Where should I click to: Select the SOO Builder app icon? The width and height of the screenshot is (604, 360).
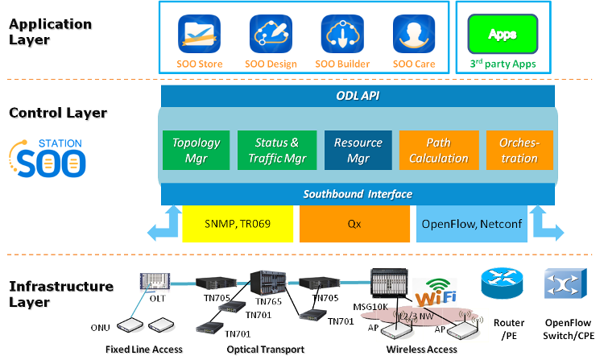pyautogui.click(x=342, y=35)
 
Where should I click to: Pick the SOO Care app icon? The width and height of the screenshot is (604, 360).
pyautogui.click(x=414, y=35)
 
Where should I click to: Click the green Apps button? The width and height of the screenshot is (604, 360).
pyautogui.click(x=503, y=35)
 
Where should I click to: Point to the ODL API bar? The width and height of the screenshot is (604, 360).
pyautogui.click(x=358, y=95)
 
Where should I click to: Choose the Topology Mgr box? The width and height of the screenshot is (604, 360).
pyautogui.click(x=196, y=151)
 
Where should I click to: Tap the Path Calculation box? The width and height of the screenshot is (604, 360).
pyautogui.click(x=438, y=151)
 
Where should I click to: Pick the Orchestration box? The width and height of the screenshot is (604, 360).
pyautogui.click(x=519, y=151)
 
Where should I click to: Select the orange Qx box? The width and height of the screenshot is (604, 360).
pyautogui.click(x=354, y=224)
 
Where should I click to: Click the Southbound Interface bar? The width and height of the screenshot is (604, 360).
pyautogui.click(x=358, y=194)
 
